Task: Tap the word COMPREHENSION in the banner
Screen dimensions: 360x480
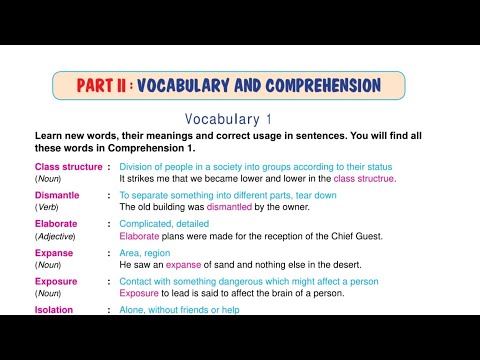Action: pyautogui.click(x=319, y=86)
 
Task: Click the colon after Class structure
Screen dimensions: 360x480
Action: pyautogui.click(x=108, y=166)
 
